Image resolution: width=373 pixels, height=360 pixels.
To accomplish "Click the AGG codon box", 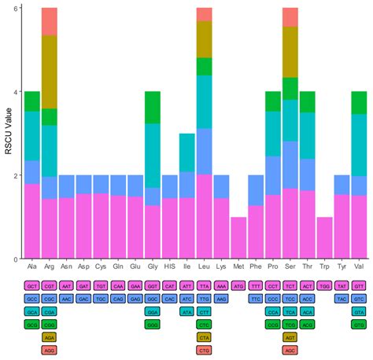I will coord(49,349).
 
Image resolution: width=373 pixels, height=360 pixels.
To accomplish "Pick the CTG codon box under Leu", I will coord(205,349).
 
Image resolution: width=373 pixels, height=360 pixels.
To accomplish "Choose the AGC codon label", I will coord(290,349).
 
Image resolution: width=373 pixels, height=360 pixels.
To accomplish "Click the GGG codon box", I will coord(153,324).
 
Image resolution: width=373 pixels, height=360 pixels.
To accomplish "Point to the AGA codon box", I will coord(49,336).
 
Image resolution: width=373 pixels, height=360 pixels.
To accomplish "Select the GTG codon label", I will coord(359,324).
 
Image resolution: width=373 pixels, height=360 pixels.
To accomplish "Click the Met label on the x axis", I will coord(238,266).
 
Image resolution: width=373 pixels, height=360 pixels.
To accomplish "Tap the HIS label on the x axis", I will coord(170,266).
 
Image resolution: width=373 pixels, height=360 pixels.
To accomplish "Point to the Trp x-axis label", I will coord(324,266).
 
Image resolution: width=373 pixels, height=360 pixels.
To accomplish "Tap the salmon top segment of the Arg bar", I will coord(49,21).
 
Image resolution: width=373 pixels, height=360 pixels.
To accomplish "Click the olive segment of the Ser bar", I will coord(290,52).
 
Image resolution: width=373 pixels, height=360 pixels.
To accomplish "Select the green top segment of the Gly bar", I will coord(153,108).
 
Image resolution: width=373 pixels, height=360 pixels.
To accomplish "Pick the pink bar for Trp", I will coord(324,237).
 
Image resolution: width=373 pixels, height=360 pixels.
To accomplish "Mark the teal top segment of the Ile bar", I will coord(187,152).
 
